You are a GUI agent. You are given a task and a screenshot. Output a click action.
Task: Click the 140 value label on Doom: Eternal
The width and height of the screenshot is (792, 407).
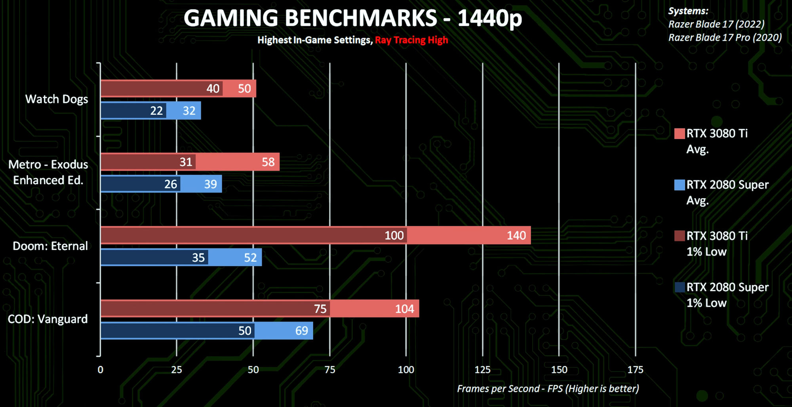point(516,235)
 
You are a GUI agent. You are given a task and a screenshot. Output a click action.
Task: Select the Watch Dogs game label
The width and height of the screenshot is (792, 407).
point(57,99)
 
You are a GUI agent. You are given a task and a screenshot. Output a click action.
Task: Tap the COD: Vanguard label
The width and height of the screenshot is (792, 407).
point(48,319)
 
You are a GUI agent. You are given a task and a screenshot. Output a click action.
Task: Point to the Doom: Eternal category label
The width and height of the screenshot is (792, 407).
point(50,246)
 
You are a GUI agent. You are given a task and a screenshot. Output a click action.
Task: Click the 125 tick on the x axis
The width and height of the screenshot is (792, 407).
point(482,370)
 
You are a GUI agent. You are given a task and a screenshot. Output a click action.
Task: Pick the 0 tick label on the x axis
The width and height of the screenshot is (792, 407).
point(101,370)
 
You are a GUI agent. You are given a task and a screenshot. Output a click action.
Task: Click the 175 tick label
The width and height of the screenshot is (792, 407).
point(635,370)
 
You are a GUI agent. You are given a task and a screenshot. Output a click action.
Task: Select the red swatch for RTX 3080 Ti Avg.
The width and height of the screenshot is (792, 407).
point(680,134)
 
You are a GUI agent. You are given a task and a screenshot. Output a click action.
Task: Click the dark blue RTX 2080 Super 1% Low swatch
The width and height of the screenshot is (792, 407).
point(680,287)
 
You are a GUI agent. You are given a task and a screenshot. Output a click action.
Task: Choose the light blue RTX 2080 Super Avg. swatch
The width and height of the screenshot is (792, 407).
point(680,185)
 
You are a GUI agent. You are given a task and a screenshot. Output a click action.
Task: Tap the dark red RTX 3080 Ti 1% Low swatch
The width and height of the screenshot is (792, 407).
point(680,236)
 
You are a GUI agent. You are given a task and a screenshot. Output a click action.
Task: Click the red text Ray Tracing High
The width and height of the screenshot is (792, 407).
point(411,40)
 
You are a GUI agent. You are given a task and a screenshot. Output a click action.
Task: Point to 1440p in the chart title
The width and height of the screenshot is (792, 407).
point(490,18)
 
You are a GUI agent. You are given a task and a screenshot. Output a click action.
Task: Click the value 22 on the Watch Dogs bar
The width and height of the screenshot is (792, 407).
point(156,111)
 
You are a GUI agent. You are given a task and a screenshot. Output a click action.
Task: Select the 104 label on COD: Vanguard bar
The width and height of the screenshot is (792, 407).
point(404,309)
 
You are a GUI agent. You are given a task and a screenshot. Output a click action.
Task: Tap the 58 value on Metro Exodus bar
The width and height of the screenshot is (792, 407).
point(268,162)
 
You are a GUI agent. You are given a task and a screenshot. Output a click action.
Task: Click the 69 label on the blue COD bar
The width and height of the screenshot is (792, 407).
point(301,331)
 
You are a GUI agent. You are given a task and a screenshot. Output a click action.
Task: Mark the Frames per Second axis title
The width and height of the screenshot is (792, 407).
point(548,389)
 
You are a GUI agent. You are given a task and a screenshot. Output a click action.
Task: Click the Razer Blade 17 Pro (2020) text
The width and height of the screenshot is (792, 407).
point(725,38)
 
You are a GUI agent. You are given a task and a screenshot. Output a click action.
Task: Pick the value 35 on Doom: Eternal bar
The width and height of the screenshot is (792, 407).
point(198,258)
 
